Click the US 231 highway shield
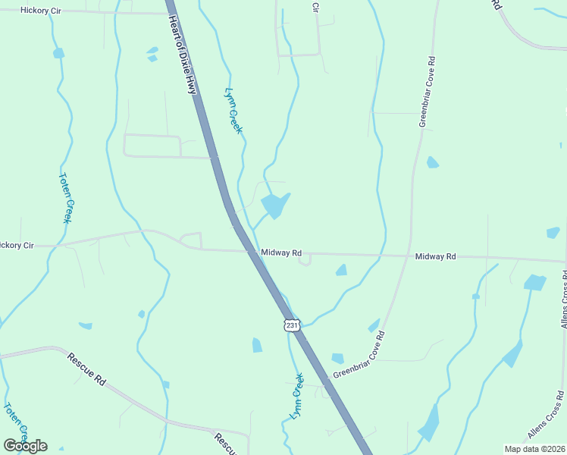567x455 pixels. coord(293,325)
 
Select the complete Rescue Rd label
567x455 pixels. coord(86,369)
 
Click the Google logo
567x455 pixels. coord(25,446)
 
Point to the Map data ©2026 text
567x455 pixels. coord(535,449)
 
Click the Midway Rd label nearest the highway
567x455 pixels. coord(281,253)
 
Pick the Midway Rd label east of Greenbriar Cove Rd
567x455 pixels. coord(435,257)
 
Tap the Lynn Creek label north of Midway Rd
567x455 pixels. coord(233,111)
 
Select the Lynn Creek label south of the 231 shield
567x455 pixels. coord(296,396)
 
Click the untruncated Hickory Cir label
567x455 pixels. coord(40,11)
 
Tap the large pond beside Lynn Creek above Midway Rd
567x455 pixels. coord(274,206)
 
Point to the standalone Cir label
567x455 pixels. coord(315,7)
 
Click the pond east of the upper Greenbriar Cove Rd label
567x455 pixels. coord(432,162)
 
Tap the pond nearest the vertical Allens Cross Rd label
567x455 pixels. coord(534,283)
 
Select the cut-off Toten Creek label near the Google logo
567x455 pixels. coord(17,422)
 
